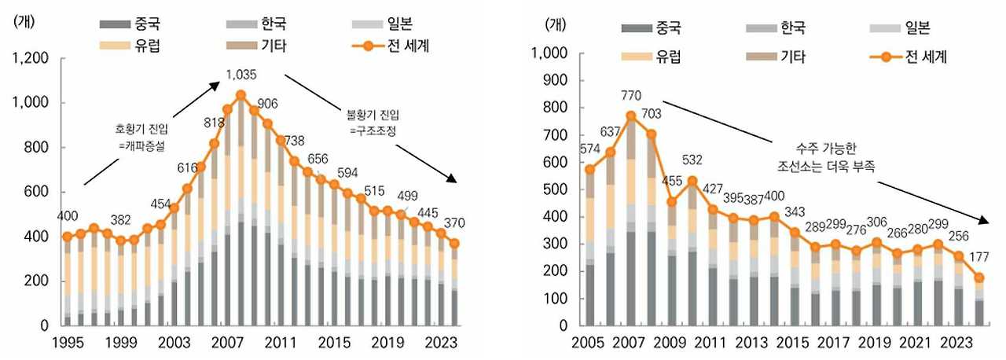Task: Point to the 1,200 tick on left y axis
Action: [x=32, y=58]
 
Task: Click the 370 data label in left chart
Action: [x=455, y=224]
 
